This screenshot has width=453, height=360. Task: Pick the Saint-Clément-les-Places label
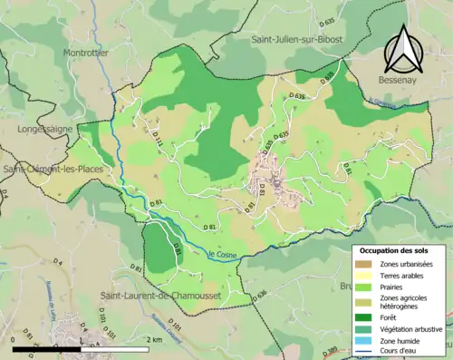(53, 169)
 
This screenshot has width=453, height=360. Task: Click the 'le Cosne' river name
(222, 255)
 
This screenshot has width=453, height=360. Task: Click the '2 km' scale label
(158, 339)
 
